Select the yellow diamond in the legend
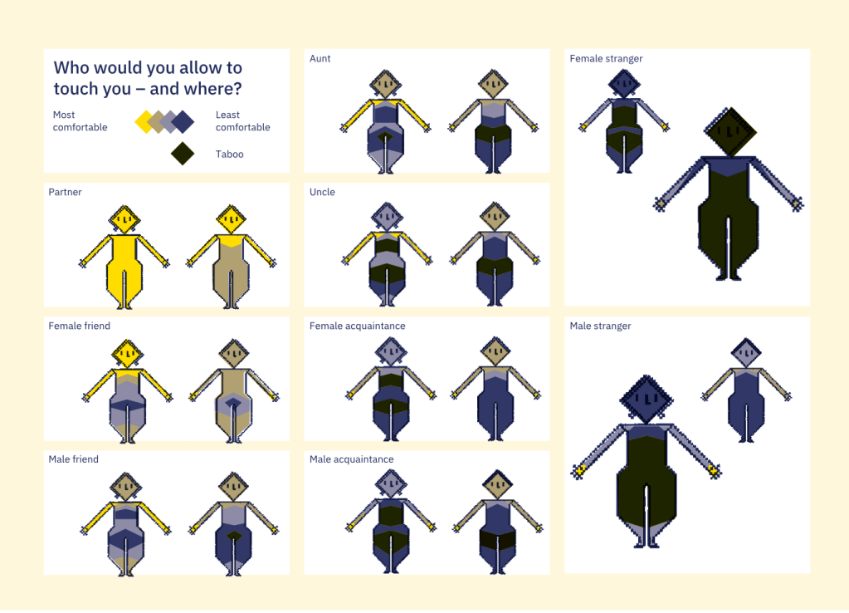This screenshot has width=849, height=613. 145,122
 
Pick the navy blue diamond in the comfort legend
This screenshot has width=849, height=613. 183,122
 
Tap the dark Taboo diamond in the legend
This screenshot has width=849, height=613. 183,154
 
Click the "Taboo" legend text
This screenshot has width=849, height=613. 230,154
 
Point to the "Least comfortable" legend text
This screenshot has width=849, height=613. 242,121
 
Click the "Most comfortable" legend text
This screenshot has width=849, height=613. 81,121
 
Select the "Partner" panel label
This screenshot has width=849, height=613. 65,192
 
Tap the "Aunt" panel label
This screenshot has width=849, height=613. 320,58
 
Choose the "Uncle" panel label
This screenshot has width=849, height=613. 322,192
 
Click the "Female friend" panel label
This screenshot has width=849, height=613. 79,326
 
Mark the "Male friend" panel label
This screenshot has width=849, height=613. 74,459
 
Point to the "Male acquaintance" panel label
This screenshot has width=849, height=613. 351,459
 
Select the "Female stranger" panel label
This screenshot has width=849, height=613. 606,58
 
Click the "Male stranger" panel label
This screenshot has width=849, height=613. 601,326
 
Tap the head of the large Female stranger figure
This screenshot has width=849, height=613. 730,132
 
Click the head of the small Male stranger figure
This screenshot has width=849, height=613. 746,353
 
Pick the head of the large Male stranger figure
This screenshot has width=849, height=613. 646,400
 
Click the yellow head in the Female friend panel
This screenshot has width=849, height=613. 127,355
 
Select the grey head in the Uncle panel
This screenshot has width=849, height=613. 387,218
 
